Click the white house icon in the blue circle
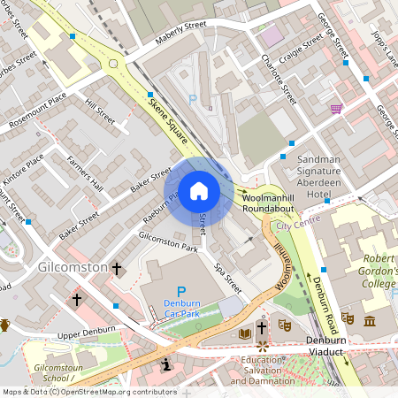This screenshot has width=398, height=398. click(x=198, y=190)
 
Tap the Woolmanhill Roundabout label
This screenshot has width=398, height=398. click(x=274, y=202)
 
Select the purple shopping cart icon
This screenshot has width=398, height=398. click(x=336, y=109)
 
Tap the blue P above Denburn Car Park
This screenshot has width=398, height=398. click(x=182, y=291)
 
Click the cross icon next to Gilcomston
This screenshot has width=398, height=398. click(x=117, y=267)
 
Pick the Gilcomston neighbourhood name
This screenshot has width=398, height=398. click(x=72, y=266)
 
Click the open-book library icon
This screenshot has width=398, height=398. click(x=245, y=333)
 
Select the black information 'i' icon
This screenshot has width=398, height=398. click(x=165, y=364)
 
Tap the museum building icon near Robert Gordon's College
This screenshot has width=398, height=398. click(x=369, y=318)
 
